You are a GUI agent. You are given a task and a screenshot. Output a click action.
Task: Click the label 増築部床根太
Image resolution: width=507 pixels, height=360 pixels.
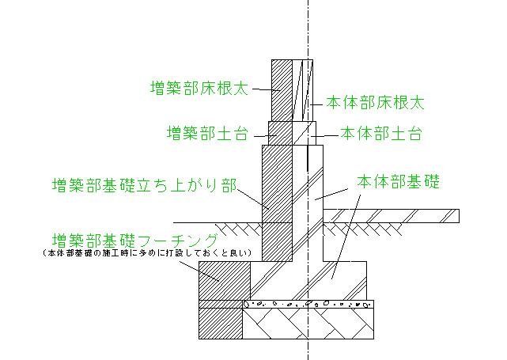coord(199,88)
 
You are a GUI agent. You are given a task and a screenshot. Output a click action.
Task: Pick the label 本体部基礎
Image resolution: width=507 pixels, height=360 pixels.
coord(398,181)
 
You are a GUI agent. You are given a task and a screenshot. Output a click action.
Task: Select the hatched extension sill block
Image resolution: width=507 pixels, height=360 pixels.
coord(281,132)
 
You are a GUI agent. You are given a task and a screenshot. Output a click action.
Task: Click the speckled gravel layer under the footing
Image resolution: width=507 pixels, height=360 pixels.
coord(308,304)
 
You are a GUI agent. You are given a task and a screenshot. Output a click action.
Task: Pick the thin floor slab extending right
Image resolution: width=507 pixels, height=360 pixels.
coord(395,214)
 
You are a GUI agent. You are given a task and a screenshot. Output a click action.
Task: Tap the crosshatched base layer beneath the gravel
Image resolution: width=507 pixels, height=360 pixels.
coord(308,324)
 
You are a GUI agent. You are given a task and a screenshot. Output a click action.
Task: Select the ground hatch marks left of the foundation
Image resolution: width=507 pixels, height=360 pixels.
coord(229,229)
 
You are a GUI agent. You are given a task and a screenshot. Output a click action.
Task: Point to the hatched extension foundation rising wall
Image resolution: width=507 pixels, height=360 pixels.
coord(277,198)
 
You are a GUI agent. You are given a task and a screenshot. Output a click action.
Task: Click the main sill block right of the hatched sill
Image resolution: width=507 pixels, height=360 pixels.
coord(305,132)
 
